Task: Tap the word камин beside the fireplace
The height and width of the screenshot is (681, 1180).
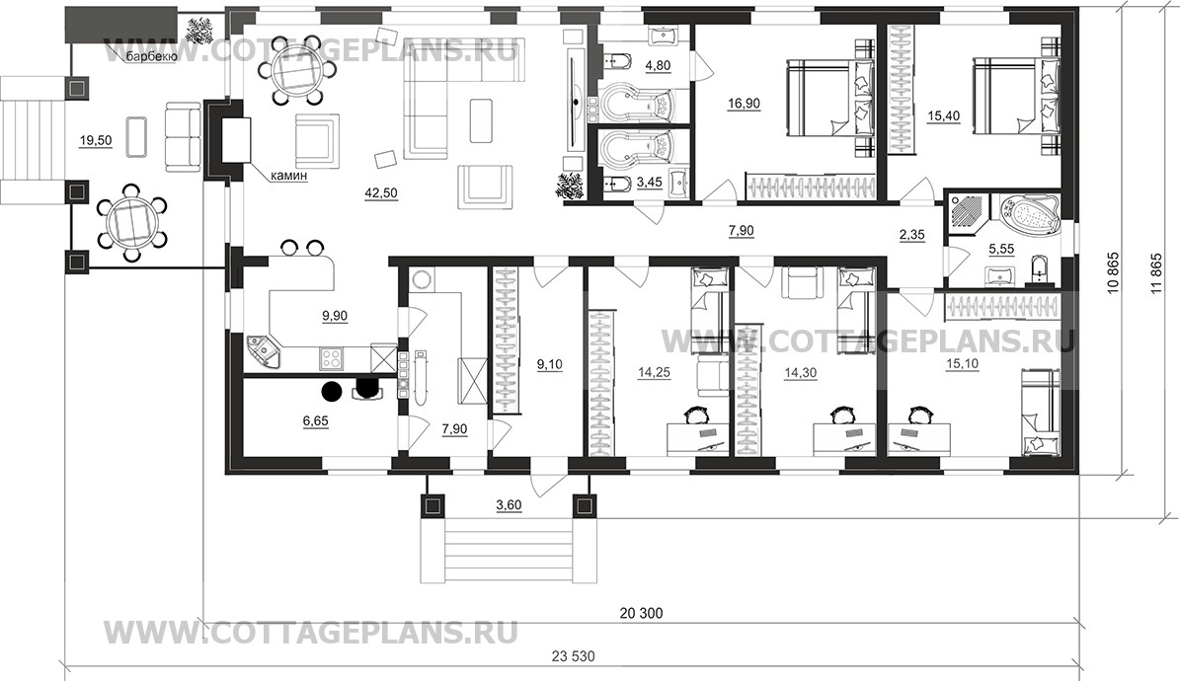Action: point(289,176)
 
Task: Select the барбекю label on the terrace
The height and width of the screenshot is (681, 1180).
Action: point(150,57)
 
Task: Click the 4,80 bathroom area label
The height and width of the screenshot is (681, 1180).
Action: point(657,66)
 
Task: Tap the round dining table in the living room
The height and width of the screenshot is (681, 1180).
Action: point(291,70)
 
